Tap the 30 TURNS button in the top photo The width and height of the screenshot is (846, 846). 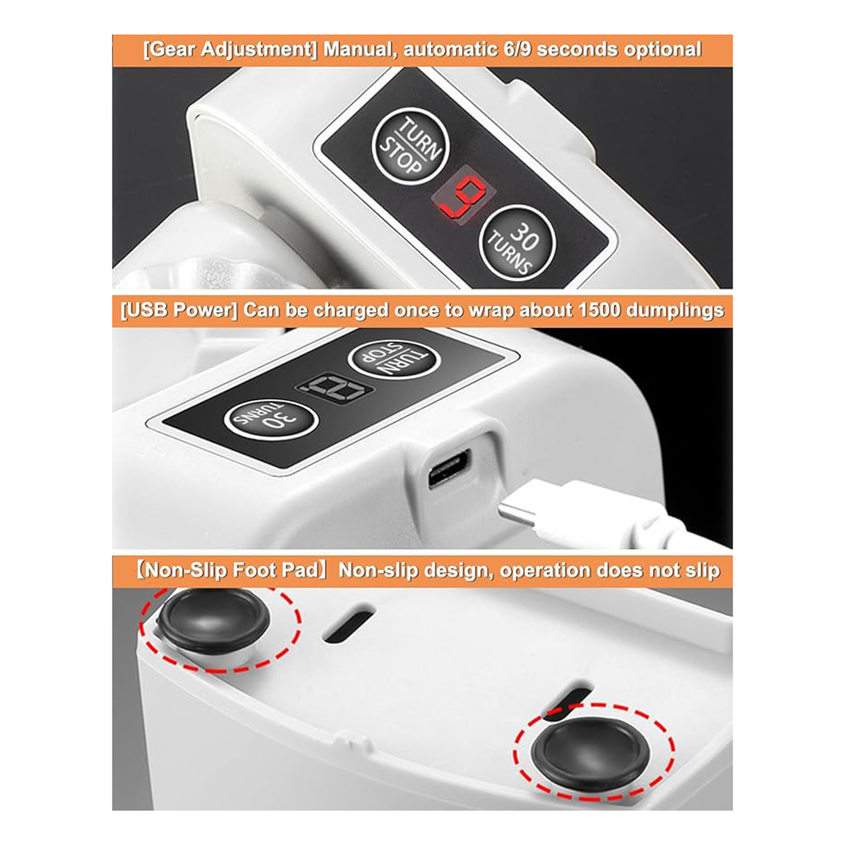point(517,244)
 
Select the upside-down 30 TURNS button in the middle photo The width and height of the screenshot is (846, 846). point(271,419)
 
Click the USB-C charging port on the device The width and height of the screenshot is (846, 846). point(449,468)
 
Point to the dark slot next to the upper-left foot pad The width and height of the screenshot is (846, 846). point(348,626)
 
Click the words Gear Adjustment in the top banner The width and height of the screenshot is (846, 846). point(229,50)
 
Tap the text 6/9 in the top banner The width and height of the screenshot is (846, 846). point(517,49)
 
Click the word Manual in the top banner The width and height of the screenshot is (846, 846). point(360,49)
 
